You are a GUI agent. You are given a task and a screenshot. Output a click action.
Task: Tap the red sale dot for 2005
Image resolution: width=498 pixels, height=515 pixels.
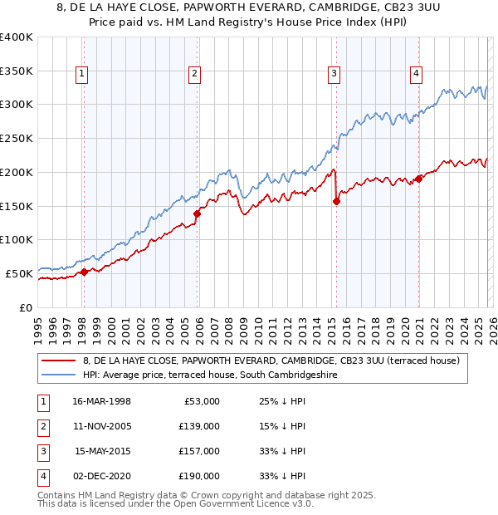(197, 213)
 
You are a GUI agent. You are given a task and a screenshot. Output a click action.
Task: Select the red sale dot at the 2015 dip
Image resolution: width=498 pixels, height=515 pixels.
(336, 201)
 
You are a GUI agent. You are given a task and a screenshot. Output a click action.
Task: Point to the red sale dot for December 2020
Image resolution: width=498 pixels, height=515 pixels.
(418, 178)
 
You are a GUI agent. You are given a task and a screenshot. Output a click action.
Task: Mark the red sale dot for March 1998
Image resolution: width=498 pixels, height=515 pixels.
(84, 272)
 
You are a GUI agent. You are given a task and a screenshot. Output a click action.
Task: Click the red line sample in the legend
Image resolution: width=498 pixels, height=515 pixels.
(57, 360)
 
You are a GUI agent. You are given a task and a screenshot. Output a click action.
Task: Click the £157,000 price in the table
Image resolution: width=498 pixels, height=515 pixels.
(199, 451)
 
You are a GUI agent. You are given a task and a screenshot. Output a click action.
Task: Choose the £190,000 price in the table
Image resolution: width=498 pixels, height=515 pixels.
(199, 476)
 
